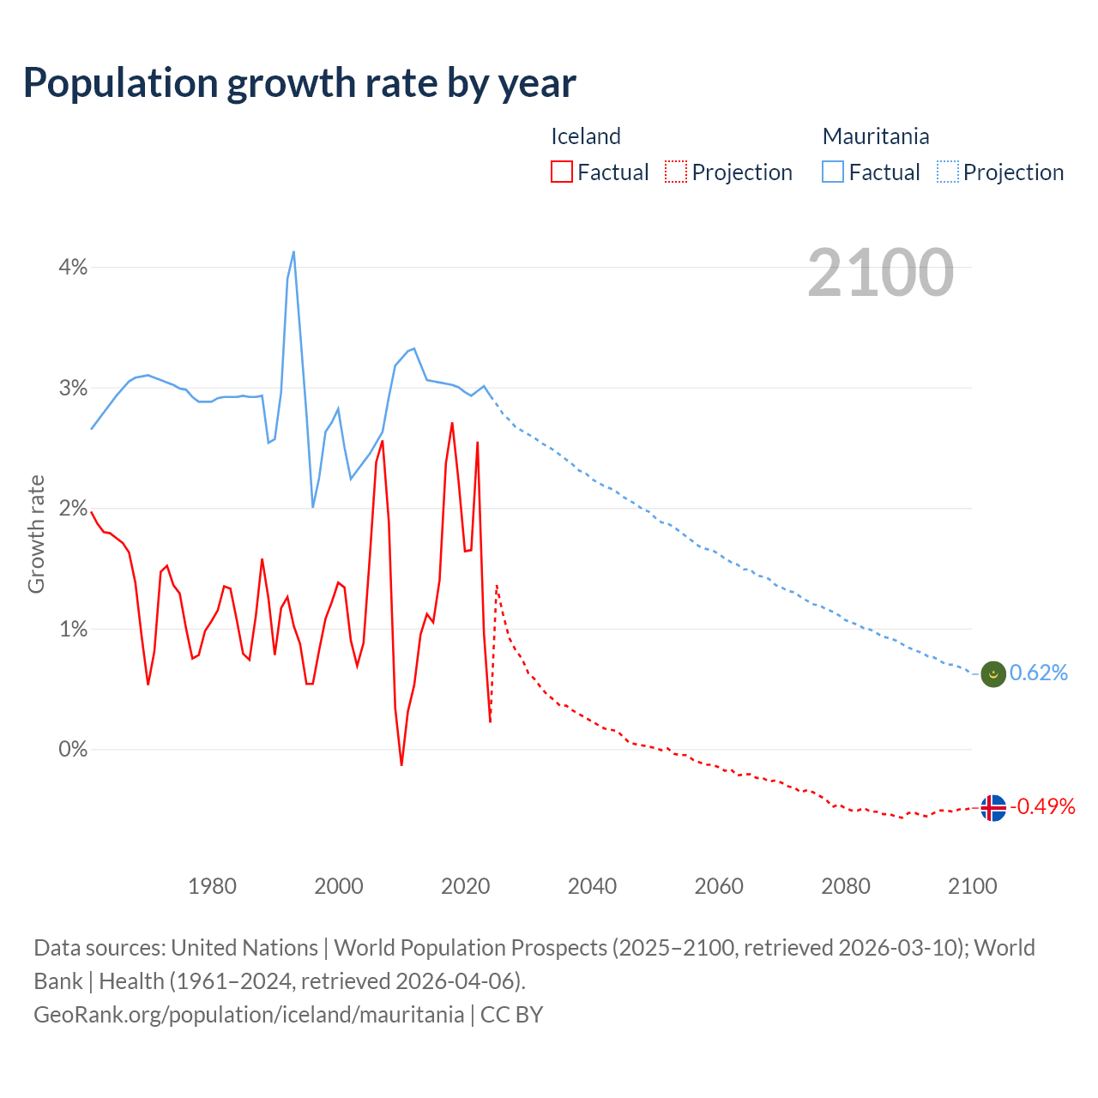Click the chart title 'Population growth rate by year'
click(299, 83)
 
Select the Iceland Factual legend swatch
click(561, 172)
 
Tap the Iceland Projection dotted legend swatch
click(676, 172)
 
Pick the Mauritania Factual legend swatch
click(832, 172)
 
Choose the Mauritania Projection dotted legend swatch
click(947, 172)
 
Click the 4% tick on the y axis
click(73, 268)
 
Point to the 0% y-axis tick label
click(73, 750)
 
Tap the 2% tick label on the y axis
click(73, 509)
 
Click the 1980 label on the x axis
click(212, 886)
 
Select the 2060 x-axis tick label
click(719, 886)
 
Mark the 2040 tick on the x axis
click(592, 886)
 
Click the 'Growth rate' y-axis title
click(36, 534)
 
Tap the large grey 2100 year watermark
click(880, 273)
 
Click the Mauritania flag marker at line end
click(992, 674)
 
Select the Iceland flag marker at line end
click(992, 808)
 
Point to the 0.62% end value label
click(1039, 673)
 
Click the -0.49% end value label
click(1043, 806)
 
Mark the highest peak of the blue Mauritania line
click(293, 251)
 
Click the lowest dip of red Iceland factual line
click(401, 764)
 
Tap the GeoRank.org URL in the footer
click(249, 1015)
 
